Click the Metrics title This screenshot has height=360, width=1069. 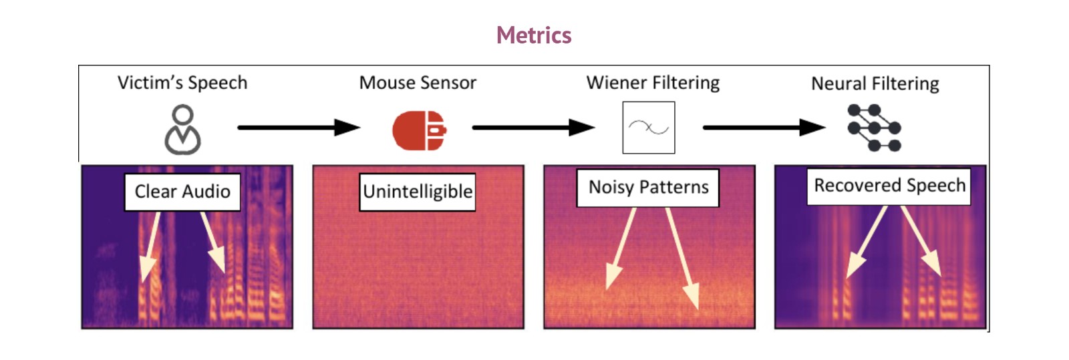(534, 35)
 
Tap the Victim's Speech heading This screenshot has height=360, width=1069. (182, 83)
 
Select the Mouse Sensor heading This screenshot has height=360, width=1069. (418, 83)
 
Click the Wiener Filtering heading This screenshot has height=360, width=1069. (653, 83)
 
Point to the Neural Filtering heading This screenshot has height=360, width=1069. (875, 83)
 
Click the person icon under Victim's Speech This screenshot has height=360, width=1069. (182, 130)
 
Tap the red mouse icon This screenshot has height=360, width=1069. (419, 130)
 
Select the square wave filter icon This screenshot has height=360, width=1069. (649, 128)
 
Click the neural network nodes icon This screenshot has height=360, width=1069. (875, 128)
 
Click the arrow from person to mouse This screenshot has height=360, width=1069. (299, 128)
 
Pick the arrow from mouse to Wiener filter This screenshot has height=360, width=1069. (534, 128)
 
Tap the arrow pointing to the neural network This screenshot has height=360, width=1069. (764, 128)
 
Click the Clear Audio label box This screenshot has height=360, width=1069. (182, 192)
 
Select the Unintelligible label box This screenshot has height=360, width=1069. (418, 192)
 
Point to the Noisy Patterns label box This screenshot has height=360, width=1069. (648, 188)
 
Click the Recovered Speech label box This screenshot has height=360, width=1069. (889, 186)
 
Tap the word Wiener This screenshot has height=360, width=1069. (616, 83)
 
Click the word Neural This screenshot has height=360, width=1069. (837, 83)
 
